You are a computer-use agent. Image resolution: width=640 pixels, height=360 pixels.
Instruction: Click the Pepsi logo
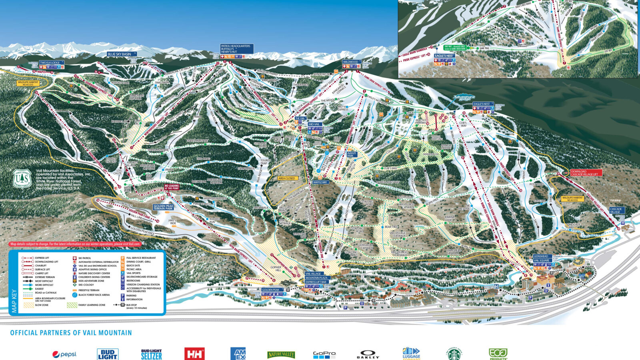pyautogui.click(x=64, y=354)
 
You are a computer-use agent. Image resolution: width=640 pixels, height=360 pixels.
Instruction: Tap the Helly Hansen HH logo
pyautogui.click(x=194, y=354)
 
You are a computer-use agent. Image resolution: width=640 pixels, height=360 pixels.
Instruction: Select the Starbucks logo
pyautogui.click(x=454, y=354)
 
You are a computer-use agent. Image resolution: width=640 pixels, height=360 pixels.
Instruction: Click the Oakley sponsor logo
pyautogui.click(x=368, y=354)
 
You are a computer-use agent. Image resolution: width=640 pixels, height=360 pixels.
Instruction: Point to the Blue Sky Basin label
pyautogui.click(x=122, y=54)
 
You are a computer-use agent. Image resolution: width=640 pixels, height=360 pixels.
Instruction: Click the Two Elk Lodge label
pyautogui.click(x=50, y=63)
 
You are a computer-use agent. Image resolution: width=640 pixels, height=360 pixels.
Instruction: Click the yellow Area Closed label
pyautogui.click(x=286, y=178)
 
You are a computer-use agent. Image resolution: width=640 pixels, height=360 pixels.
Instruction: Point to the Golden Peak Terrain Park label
pyautogui.click(x=163, y=207)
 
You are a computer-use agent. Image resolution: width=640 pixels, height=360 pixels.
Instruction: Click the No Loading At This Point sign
pyautogui.click(x=172, y=186)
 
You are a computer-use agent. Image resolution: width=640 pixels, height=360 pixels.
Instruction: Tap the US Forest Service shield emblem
pyautogui.click(x=22, y=178)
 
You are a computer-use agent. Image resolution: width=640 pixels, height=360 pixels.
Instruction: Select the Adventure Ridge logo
pyautogui.click(x=464, y=98)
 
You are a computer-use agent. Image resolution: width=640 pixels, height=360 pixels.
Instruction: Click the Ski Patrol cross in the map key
pyautogui.click(x=75, y=258)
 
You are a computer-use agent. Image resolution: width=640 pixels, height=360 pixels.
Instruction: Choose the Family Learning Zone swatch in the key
pyautogui.click(x=72, y=305)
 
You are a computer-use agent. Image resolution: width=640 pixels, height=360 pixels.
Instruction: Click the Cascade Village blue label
pyautogui.click(x=616, y=210)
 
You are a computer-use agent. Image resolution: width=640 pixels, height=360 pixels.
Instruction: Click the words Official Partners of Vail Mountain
pyautogui.click(x=71, y=333)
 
